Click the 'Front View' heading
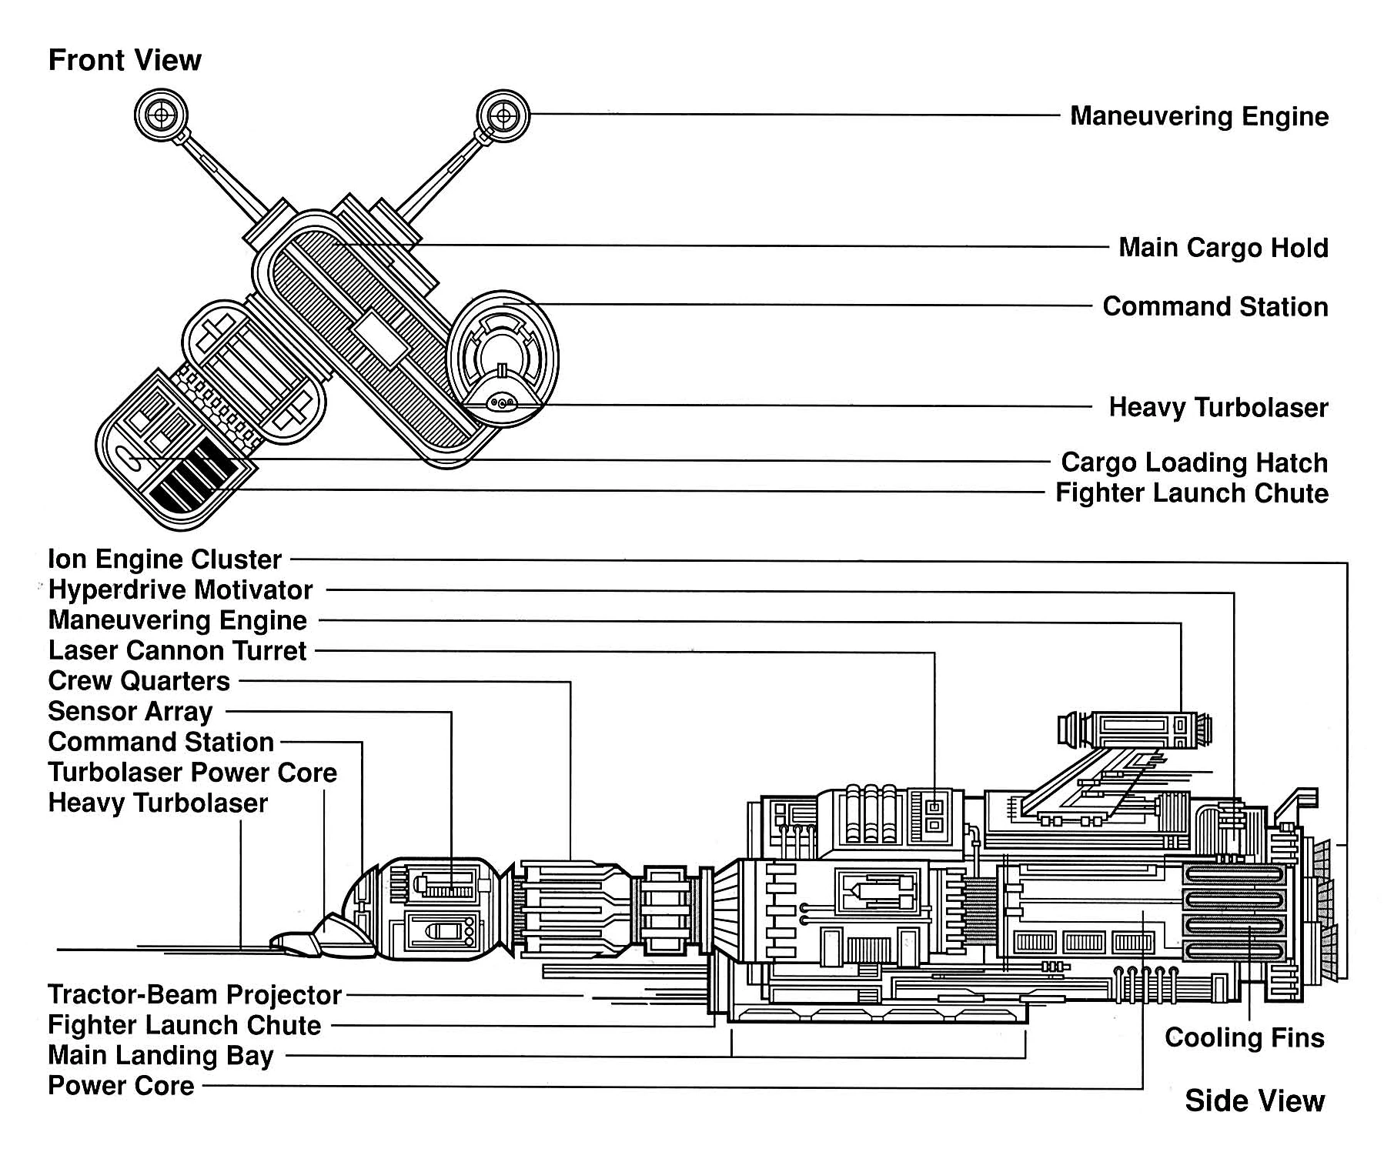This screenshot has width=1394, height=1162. tap(125, 60)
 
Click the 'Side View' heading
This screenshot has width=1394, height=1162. tap(1254, 1100)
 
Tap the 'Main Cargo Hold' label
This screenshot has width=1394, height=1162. tap(1223, 248)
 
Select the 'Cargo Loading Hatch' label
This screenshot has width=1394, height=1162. tap(1194, 462)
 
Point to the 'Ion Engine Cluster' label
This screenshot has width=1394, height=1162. tap(165, 559)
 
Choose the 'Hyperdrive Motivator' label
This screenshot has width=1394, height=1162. tap(180, 590)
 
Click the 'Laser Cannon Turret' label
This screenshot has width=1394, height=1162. tap(177, 651)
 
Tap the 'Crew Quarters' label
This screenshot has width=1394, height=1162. tap(139, 681)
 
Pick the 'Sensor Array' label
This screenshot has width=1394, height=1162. tap(130, 712)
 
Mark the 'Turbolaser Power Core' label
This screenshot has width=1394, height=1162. tap(192, 773)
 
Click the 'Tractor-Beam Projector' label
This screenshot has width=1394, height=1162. tap(194, 995)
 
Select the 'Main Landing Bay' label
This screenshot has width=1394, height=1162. tap(160, 1056)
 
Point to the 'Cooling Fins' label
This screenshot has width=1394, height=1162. tap(1244, 1037)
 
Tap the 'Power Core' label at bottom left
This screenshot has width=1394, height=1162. tap(121, 1086)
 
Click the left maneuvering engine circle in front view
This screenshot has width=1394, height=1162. tap(161, 115)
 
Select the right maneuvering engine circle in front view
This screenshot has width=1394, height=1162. tap(503, 116)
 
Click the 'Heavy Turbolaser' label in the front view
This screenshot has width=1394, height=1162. tap(1218, 408)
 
